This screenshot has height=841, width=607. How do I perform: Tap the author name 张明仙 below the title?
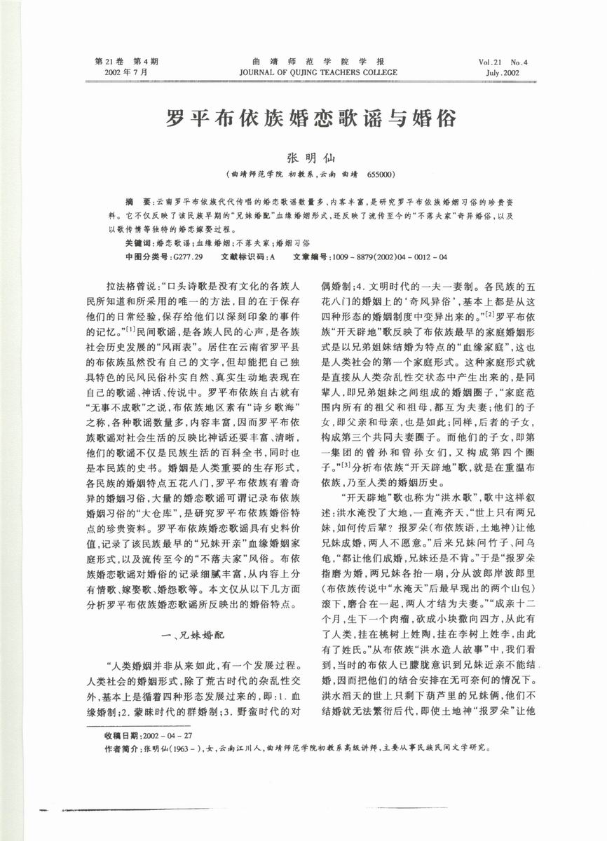[x=303, y=160]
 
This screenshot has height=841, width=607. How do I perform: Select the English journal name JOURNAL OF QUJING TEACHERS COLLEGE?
[x=318, y=72]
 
